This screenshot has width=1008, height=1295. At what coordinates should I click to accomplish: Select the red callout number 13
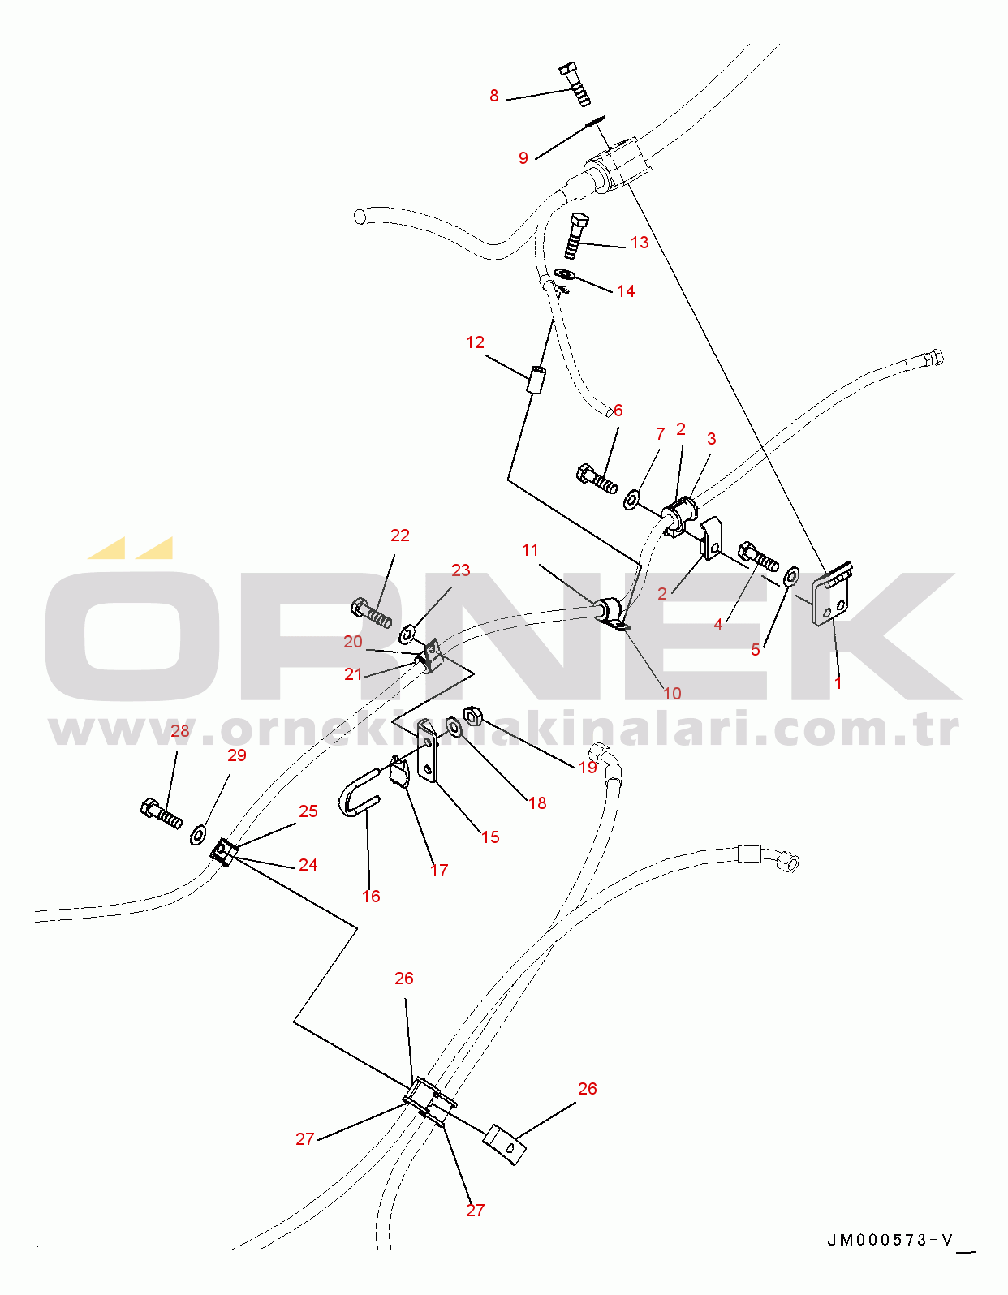point(640,243)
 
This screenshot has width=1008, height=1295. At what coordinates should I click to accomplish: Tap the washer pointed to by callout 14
point(563,275)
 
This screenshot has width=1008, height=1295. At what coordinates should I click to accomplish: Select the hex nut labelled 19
point(472,715)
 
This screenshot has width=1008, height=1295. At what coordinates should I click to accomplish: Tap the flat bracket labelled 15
point(428,751)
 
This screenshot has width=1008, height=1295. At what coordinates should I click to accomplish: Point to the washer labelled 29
point(199,835)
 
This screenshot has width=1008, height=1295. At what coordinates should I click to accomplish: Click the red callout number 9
point(523,158)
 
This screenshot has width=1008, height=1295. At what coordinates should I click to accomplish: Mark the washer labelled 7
point(632,499)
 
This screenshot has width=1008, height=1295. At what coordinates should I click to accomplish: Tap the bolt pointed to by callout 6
point(597,479)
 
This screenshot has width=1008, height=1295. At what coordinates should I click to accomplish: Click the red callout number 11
point(530,549)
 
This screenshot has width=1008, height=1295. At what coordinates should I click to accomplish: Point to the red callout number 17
point(439,870)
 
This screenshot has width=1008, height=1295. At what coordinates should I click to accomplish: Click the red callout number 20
point(353,641)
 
